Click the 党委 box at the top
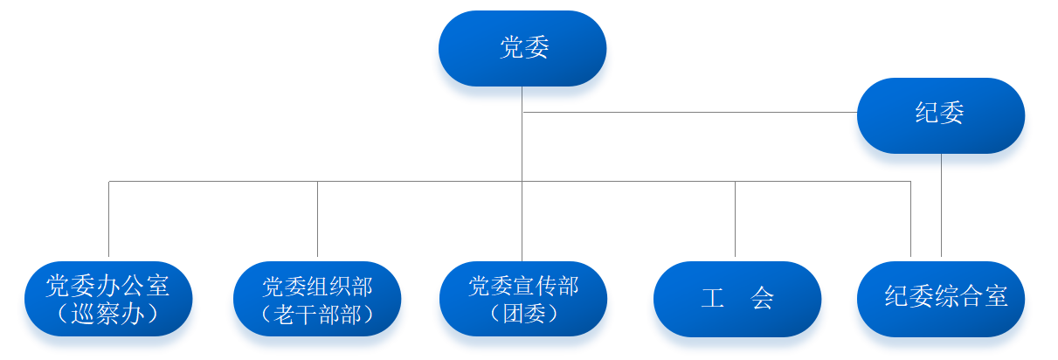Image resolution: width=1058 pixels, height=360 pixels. point(522,48)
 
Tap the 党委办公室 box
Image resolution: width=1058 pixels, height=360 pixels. point(107,299)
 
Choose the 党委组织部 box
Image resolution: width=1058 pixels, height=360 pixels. point(317,299)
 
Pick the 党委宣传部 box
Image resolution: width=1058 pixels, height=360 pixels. point(522,299)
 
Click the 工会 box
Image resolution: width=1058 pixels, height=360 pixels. point(736,299)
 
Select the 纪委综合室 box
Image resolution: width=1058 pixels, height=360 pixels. point(941,299)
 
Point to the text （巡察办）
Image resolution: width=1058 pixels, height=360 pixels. point(107,314)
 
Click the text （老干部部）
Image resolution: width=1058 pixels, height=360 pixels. point(317,314)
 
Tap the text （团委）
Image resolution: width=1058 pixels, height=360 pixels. point(523,314)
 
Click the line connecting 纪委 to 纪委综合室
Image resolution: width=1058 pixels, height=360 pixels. point(941,205)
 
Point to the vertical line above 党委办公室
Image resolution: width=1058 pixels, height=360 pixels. point(108,218)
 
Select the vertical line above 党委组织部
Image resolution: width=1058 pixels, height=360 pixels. point(317,218)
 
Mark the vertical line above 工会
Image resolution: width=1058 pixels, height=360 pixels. point(735,218)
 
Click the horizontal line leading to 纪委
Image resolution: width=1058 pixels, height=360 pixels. point(690,112)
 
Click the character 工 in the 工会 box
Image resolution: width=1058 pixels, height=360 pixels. point(712,299)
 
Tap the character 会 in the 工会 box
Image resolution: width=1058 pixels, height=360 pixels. point(762,299)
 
